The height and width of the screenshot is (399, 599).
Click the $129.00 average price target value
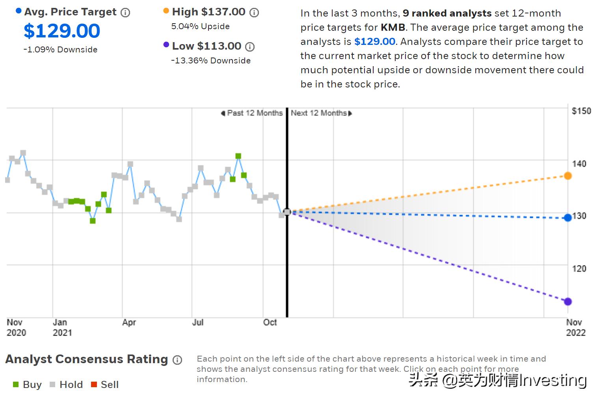point(62,31)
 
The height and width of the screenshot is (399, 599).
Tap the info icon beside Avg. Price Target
point(125,13)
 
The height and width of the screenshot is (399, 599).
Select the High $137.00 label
point(208,12)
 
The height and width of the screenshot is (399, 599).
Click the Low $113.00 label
point(206,46)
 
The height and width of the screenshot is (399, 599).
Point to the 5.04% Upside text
point(200,26)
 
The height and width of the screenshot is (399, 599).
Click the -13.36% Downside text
point(211,61)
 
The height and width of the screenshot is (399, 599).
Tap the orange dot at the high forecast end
point(567,176)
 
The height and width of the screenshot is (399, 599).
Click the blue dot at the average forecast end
point(567,218)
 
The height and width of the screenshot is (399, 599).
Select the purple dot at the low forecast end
point(567,302)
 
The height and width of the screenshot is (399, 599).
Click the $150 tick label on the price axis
point(581,111)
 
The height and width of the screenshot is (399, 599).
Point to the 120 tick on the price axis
point(579,269)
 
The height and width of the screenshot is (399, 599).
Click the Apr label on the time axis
point(129,323)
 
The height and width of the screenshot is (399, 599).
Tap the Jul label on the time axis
point(197,323)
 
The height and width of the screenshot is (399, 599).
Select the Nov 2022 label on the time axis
point(575,327)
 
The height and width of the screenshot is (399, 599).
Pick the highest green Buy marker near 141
point(238,156)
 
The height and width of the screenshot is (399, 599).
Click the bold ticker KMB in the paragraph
point(393,28)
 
